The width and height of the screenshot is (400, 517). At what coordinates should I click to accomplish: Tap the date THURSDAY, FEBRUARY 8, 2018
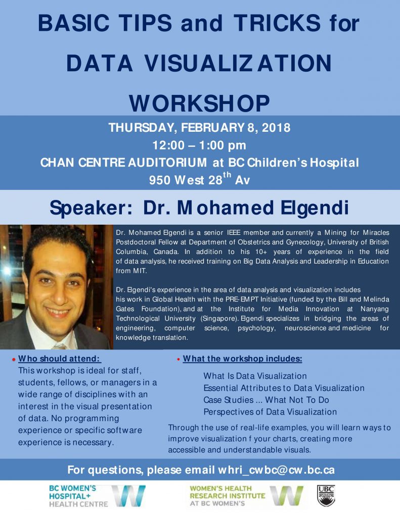(200, 128)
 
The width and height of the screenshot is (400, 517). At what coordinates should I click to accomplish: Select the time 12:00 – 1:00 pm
(200, 145)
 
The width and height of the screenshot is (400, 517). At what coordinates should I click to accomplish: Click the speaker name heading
(200, 208)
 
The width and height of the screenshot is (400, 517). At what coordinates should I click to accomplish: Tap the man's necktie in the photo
(60, 346)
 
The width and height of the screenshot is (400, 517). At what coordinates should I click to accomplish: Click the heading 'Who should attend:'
(60, 359)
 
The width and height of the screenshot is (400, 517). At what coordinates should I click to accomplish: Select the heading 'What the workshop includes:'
(242, 359)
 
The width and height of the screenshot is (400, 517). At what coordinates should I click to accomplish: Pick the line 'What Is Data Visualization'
(255, 376)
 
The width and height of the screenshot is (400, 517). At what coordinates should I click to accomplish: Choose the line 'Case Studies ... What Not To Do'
(266, 400)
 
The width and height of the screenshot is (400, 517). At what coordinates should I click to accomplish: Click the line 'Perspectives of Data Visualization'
(270, 412)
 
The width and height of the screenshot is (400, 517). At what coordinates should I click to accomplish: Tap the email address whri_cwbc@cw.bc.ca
(276, 470)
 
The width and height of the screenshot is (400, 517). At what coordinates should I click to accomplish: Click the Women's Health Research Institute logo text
(227, 496)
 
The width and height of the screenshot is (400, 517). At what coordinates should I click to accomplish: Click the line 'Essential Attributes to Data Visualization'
(284, 388)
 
